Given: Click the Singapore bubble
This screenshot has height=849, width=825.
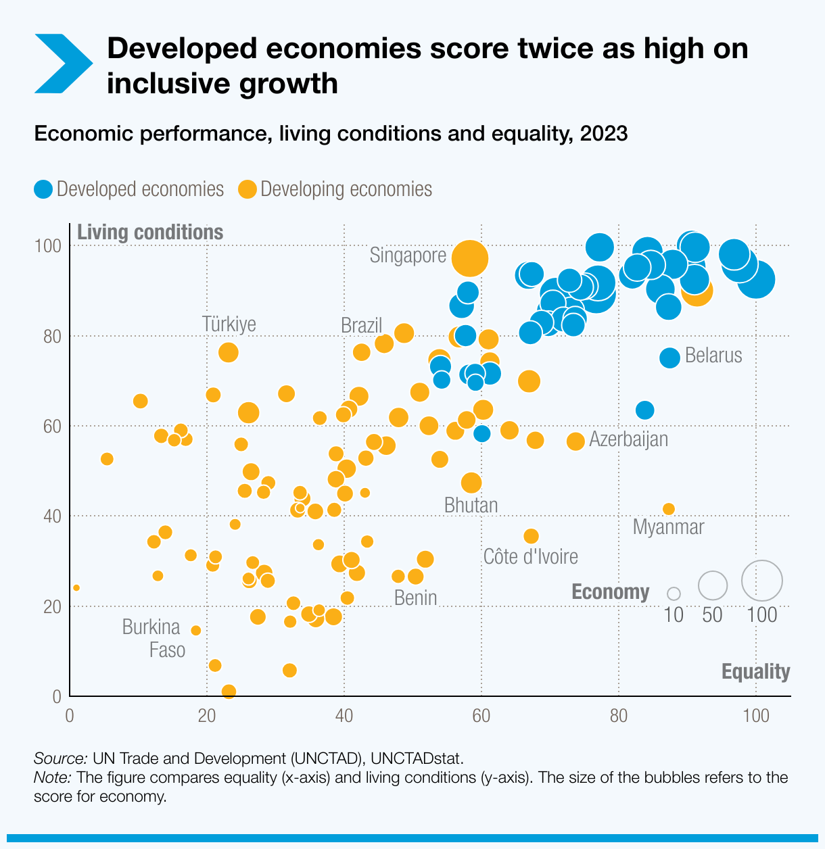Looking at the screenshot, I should pos(469,258).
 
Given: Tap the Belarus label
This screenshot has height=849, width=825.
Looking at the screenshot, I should pos(713,356).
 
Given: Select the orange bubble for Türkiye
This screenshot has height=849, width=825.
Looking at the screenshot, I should pos(229,352).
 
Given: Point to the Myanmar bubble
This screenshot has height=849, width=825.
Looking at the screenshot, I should pos(669,509).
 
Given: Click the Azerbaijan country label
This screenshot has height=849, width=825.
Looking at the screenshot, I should pos(628,439).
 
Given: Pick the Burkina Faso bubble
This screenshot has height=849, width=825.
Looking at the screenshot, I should pos(196,630).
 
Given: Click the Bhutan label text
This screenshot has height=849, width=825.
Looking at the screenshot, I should pos(471,506).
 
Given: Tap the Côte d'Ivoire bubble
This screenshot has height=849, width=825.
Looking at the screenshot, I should pos(531,536).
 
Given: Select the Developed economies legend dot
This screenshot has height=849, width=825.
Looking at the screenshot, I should pos(43,189).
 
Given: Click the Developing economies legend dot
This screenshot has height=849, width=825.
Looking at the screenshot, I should pos(247,189).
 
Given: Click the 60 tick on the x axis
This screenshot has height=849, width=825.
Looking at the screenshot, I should pos(481,716).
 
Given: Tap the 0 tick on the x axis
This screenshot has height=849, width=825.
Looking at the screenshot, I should pos(70,716).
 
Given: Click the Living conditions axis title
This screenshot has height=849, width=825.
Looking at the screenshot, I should pos(150,233).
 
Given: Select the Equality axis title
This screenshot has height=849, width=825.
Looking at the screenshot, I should pos(755,671).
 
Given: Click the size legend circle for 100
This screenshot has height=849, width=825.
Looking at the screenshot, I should pos(762,581).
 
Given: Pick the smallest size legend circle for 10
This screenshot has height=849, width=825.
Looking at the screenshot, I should pos(674,593).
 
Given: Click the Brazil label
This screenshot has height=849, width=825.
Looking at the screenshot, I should pos(361,326).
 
